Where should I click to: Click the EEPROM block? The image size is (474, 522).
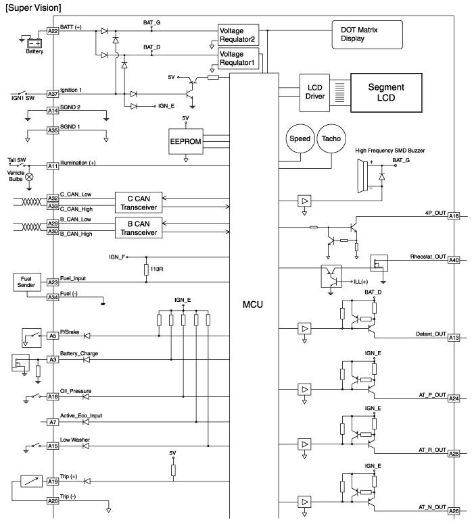coord(186,142)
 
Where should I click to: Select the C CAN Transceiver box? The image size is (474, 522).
coord(139,203)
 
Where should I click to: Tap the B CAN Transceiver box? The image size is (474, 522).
coord(139,228)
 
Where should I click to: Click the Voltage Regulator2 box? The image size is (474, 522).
coord(238,35)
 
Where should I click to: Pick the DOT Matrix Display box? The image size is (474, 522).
coord(367,34)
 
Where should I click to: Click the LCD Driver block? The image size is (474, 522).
coord(314,93)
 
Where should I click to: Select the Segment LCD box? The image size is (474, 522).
coord(386,93)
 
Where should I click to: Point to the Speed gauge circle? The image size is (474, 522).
coord(300,138)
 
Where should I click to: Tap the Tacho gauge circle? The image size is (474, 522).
coord(331,138)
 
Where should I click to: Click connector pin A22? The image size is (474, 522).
coord(53,31)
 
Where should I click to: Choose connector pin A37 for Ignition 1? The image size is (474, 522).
coord(53,94)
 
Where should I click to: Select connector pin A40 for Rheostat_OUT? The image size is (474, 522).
coord(454,260)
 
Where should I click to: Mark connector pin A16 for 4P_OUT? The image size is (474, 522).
coord(454,216)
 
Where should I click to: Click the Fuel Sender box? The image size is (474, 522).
coord(26,282)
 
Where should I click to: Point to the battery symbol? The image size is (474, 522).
coord(34,43)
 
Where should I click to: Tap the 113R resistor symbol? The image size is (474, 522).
coord(146,269)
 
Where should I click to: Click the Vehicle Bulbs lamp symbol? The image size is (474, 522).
coord(29,177)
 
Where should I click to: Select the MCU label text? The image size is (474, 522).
coord(253,305)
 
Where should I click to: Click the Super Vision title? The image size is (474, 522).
coord(33,7)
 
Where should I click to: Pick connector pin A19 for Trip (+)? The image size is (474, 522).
coord(53,481)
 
